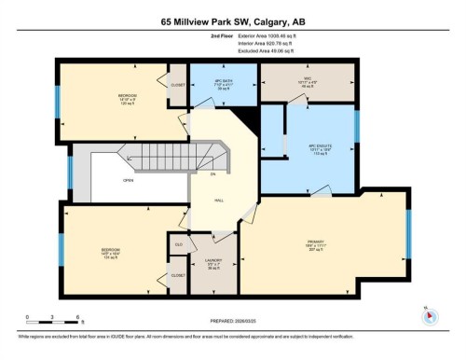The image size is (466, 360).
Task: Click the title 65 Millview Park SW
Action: tap(232, 21)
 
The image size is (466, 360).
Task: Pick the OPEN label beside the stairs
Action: tap(127, 182)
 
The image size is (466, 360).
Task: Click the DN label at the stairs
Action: tap(213, 175)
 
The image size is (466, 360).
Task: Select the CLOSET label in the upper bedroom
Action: tap(177, 86)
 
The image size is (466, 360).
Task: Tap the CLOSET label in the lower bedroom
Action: tap(177, 275)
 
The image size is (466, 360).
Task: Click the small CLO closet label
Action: tap(178, 244)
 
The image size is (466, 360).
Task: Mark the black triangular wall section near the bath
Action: tap(245, 117)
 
